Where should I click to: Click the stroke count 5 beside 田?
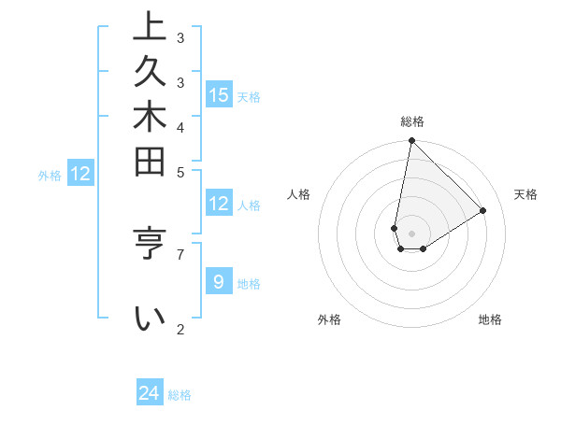pyautogui.click(x=180, y=172)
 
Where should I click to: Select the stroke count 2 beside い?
pyautogui.click(x=180, y=329)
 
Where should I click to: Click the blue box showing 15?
pyautogui.click(x=219, y=94)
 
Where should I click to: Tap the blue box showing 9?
pyautogui.click(x=219, y=281)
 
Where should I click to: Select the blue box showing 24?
pyautogui.click(x=150, y=393)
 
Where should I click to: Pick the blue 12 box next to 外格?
pyautogui.click(x=80, y=173)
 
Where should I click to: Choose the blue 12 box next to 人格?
pyautogui.click(x=219, y=204)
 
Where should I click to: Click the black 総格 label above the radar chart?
pyautogui.click(x=412, y=121)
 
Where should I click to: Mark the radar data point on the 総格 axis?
pyautogui.click(x=411, y=141)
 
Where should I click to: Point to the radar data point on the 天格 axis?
pyautogui.click(x=483, y=211)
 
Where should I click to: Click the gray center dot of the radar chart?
pyautogui.click(x=411, y=234)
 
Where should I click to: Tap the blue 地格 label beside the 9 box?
pyautogui.click(x=249, y=283)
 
